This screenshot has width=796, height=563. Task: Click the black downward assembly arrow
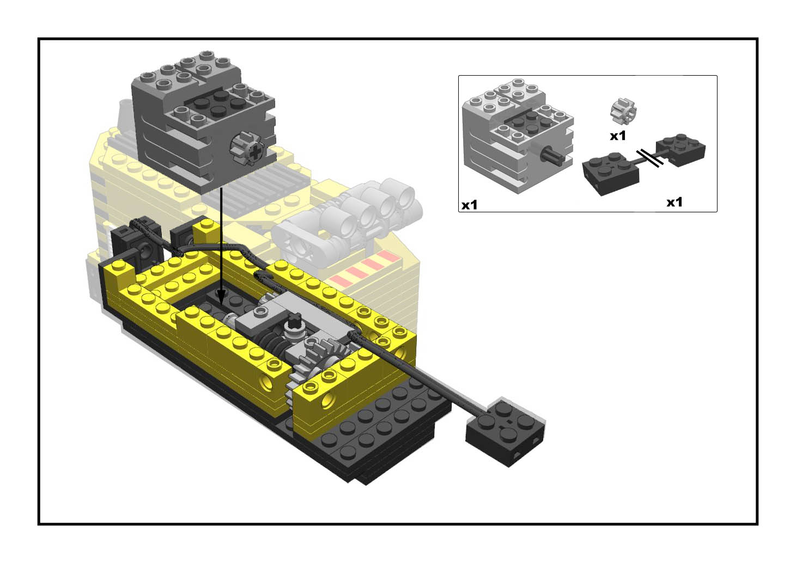click(221, 245)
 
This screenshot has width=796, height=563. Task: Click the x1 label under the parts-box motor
click(470, 205)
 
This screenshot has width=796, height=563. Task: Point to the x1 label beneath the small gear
click(618, 136)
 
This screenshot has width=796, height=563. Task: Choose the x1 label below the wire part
click(675, 202)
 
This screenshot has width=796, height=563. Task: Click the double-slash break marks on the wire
click(649, 157)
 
